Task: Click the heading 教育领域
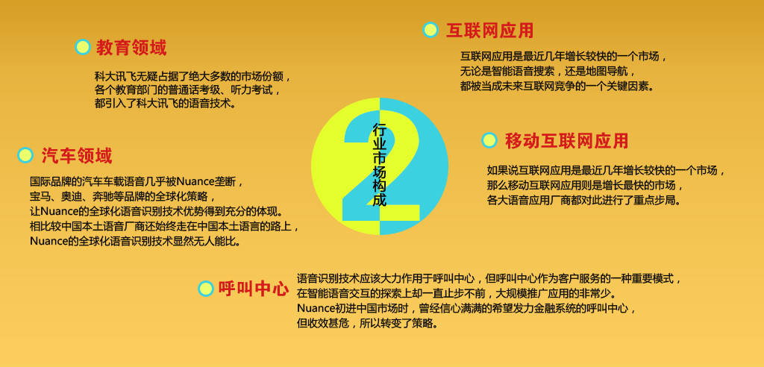(131, 48)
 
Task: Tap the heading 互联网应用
(489, 31)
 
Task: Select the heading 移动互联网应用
(567, 141)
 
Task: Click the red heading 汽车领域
(77, 156)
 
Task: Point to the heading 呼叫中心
(254, 289)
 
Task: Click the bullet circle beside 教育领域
(83, 47)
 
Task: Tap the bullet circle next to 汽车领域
(25, 155)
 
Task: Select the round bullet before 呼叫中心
(206, 289)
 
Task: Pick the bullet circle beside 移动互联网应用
(489, 140)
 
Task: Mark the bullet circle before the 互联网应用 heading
(430, 30)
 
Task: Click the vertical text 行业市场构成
(380, 165)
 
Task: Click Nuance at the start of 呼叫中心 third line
(316, 309)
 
